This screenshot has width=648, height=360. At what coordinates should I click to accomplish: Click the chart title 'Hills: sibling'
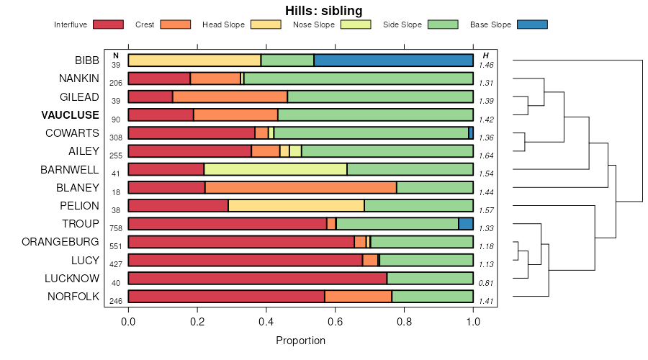pyautogui.click(x=323, y=10)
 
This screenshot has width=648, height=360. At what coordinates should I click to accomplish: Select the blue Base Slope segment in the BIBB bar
pyautogui.click(x=394, y=60)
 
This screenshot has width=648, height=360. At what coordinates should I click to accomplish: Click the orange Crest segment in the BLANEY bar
pyautogui.click(x=301, y=187)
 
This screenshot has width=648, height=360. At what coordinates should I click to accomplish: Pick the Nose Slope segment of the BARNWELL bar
pyautogui.click(x=276, y=169)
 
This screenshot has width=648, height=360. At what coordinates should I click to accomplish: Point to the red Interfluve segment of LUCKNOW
pyautogui.click(x=258, y=279)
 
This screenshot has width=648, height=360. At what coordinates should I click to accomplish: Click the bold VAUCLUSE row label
pyautogui.click(x=70, y=115)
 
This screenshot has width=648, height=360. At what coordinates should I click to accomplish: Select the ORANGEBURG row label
pyautogui.click(x=61, y=242)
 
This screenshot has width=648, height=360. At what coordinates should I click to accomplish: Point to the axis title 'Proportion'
pyautogui.click(x=301, y=341)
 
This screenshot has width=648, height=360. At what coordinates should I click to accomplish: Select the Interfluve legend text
pyautogui.click(x=71, y=24)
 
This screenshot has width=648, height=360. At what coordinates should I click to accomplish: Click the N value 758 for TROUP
pyautogui.click(x=116, y=228)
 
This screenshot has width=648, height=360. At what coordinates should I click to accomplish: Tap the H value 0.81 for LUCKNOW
pyautogui.click(x=486, y=283)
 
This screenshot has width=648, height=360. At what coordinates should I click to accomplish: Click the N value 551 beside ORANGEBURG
pyautogui.click(x=116, y=246)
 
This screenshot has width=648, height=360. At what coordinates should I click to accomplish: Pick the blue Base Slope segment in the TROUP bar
pyautogui.click(x=466, y=224)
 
